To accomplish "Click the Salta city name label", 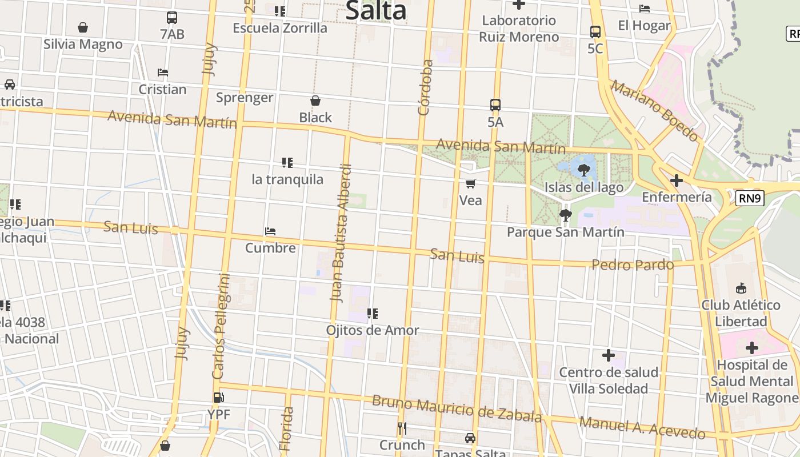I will pyautogui.click(x=376, y=10).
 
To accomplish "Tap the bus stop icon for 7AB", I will pyautogui.click(x=172, y=18).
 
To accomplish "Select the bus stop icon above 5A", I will pyautogui.click(x=495, y=105).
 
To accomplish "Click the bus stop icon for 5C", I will pyautogui.click(x=595, y=32).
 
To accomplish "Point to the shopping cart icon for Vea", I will pyautogui.click(x=471, y=183).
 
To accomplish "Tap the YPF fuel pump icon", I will pyautogui.click(x=218, y=398).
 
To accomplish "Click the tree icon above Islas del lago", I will pyautogui.click(x=583, y=170).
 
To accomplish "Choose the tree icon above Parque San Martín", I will pyautogui.click(x=566, y=215).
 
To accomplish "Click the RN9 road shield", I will pyautogui.click(x=750, y=198).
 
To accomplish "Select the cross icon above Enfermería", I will pyautogui.click(x=677, y=181).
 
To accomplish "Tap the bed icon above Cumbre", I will pyautogui.click(x=270, y=231).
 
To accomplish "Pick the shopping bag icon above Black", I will pyautogui.click(x=315, y=101).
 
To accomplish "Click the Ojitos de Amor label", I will pyautogui.click(x=373, y=330).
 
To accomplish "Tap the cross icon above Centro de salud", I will pyautogui.click(x=609, y=356).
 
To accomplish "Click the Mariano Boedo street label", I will pyautogui.click(x=654, y=110).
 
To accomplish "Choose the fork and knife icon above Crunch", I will pyautogui.click(x=402, y=428).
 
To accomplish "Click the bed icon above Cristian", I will pyautogui.click(x=163, y=73).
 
